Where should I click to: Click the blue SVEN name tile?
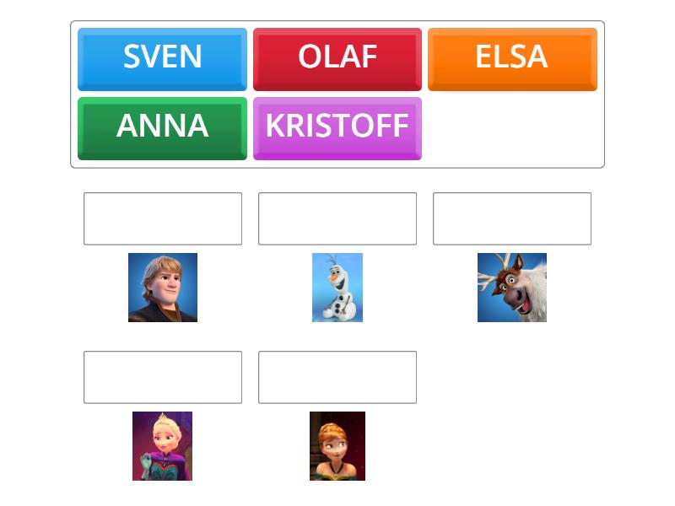162,59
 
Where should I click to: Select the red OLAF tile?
337,59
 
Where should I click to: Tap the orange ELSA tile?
512,59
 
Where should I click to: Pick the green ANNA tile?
162,128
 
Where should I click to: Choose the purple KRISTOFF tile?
337,128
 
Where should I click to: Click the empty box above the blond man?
163,218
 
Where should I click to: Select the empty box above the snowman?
337,218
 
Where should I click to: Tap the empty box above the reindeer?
512,218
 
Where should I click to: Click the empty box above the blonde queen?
163,377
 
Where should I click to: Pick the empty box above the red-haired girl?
337,377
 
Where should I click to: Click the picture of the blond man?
163,288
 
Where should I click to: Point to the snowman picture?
337,288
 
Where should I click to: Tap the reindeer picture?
512,288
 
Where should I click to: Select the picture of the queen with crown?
162,446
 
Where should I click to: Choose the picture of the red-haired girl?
337,446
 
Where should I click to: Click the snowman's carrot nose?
332,277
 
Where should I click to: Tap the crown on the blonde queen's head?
162,417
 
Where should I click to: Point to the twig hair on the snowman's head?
331,260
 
